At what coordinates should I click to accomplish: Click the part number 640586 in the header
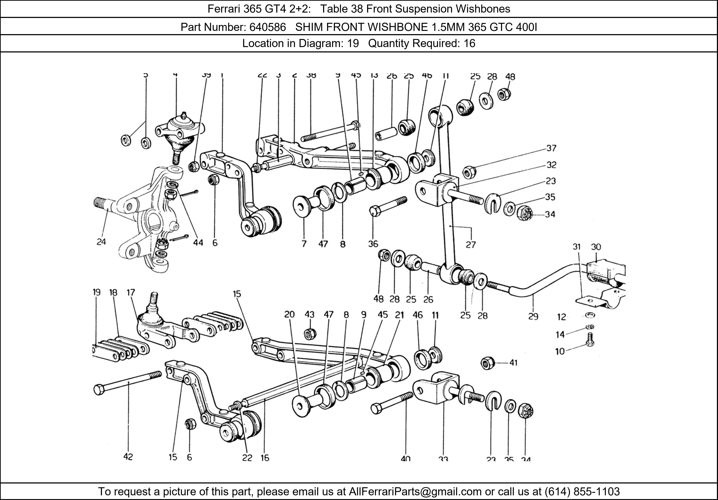pos(267,27)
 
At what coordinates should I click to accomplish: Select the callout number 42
pos(128,457)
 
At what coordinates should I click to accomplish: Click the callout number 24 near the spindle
pos(101,242)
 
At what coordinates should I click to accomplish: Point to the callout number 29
pos(533,317)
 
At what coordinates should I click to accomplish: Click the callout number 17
pos(131,293)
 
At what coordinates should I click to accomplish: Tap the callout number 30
pos(596,247)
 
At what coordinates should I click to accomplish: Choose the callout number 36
pos(373,244)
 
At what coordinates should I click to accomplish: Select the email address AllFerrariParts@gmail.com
pos(415,492)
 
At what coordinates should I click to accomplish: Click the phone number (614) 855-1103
pos(582,492)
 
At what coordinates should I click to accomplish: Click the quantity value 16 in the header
pos(469,43)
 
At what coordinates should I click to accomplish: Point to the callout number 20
pos(289,314)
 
